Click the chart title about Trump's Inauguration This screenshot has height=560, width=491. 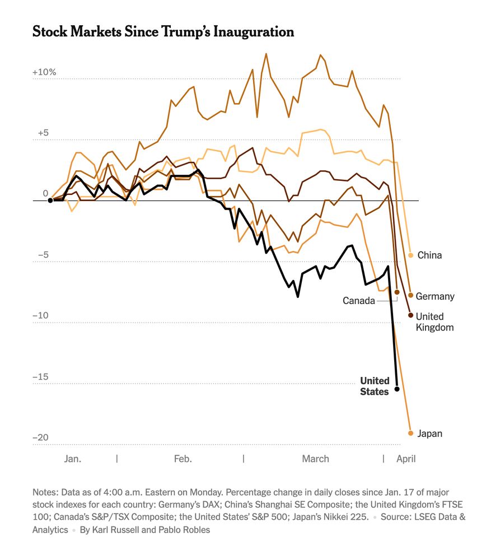pos(163,32)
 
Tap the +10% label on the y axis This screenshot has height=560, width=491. pos(44,72)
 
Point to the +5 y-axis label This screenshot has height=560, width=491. pos(44,133)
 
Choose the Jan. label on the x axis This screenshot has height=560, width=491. pos(73,459)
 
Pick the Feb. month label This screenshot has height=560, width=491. pos(183,459)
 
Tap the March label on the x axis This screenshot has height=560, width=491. pos(316,459)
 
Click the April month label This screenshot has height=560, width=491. pos(406,459)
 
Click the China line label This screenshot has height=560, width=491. pos(429,255)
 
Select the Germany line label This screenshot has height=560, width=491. pos(435,296)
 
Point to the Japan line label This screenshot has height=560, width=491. pos(429,433)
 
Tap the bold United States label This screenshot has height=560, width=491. pos(375,386)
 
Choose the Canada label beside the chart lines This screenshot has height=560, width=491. pos(359,301)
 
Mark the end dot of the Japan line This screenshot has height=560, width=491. pos(410,433)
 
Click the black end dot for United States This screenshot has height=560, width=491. pos(397,389)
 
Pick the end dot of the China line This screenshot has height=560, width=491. pos(410,255)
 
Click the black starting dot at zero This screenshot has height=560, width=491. pos(50,200)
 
